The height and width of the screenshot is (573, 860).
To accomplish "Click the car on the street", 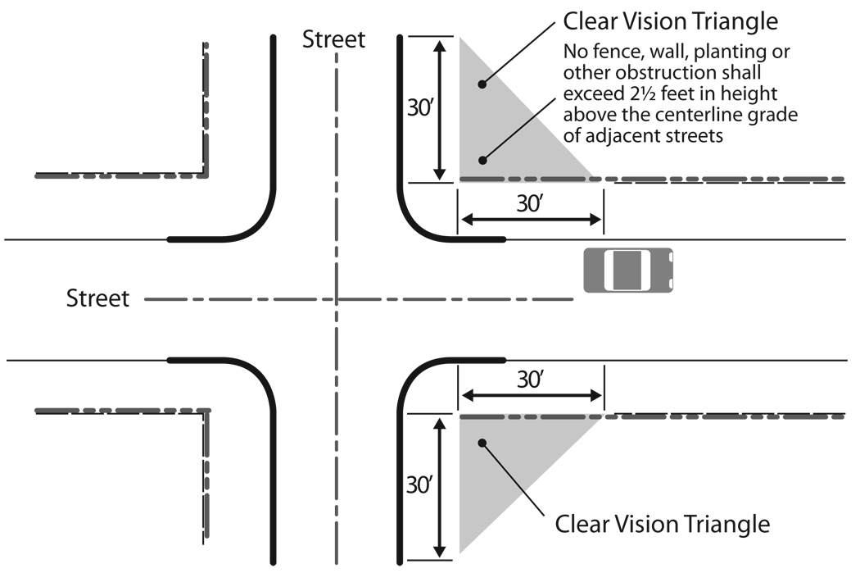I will (x=628, y=270).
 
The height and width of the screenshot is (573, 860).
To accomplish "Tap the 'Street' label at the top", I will (x=333, y=39).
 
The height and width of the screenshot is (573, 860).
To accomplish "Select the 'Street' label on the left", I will (x=97, y=298).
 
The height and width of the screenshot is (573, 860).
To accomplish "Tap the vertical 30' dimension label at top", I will (x=423, y=108).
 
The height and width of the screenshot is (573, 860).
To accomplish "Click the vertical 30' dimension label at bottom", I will (x=423, y=485).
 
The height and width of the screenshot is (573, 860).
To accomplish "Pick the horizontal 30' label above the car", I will (x=529, y=202).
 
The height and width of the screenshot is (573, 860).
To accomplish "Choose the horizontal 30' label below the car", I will (x=529, y=380).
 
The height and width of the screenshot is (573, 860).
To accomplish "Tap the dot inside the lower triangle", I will (x=482, y=443).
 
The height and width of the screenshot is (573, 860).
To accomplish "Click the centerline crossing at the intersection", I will (x=336, y=300).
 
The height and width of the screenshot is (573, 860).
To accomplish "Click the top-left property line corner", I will (x=205, y=175).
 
